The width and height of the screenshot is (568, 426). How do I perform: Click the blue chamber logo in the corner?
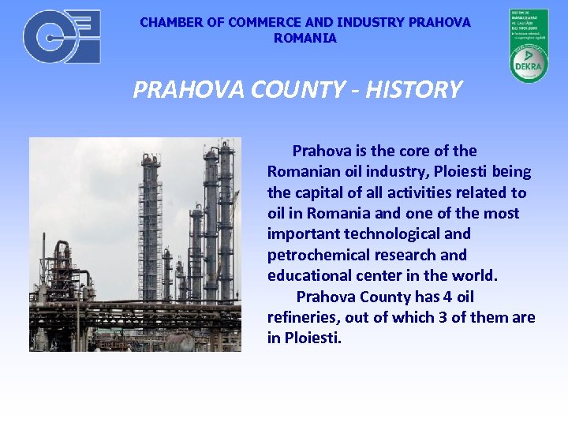pos(62,36)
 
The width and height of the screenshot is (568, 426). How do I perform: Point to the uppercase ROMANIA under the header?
pos(305,38)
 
